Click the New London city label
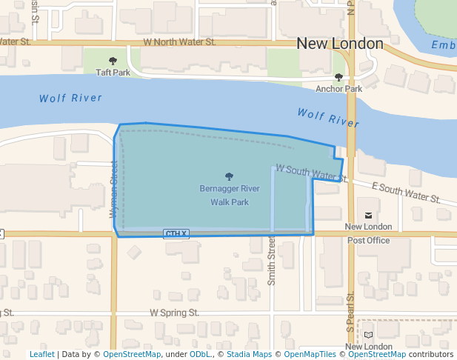340,44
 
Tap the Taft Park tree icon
113,61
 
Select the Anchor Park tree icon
338,77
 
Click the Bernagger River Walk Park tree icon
229,176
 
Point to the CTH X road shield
176,234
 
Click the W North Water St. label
179,42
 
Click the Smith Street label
272,261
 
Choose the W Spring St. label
175,313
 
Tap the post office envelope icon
368,204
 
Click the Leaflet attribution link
41,354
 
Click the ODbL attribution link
201,354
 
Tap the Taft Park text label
113,73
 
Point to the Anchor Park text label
338,89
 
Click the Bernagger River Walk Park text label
229,195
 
